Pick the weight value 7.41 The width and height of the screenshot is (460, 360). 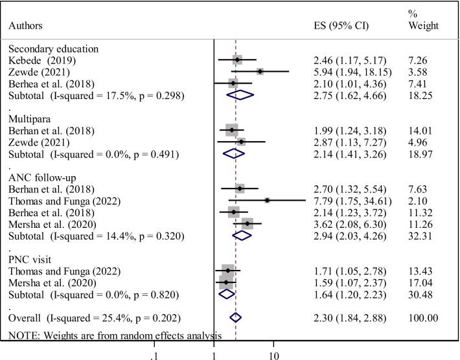click(x=418, y=84)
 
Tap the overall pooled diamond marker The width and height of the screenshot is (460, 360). click(x=235, y=317)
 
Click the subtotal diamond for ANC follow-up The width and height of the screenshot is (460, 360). click(x=242, y=236)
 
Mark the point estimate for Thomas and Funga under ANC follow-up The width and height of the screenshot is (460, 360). click(x=267, y=201)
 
